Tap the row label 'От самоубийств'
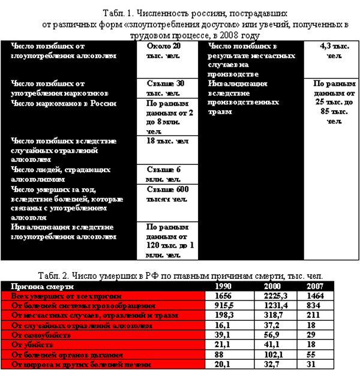click(x=41, y=335)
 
